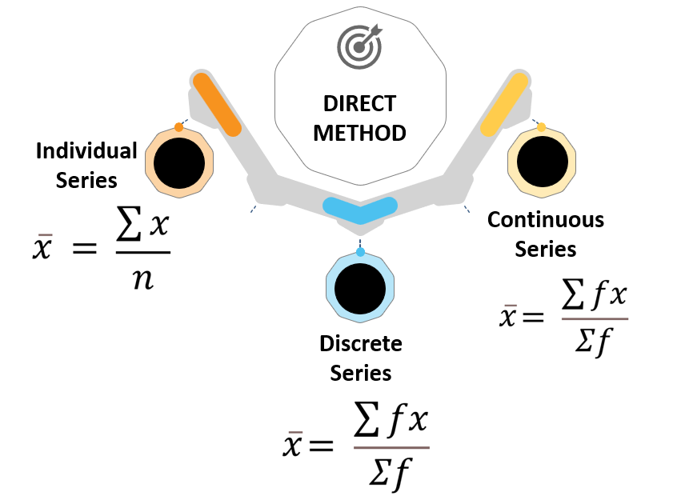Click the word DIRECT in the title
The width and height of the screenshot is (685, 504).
[x=359, y=104]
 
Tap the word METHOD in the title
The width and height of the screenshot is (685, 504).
[x=359, y=132]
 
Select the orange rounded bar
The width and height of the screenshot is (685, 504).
[x=217, y=103]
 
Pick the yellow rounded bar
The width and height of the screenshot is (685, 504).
[x=504, y=104]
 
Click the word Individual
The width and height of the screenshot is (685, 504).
[x=86, y=150]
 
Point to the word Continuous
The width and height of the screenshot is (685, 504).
[x=546, y=219]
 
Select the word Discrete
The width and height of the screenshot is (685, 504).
[x=361, y=344]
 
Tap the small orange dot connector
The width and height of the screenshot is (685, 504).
[x=178, y=127]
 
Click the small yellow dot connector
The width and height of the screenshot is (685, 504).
[x=541, y=127]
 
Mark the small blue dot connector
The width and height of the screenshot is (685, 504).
[x=360, y=253]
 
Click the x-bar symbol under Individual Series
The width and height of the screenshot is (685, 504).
[x=42, y=249]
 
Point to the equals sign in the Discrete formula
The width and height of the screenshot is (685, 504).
[x=321, y=445]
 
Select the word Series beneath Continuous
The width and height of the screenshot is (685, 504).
[x=546, y=249]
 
